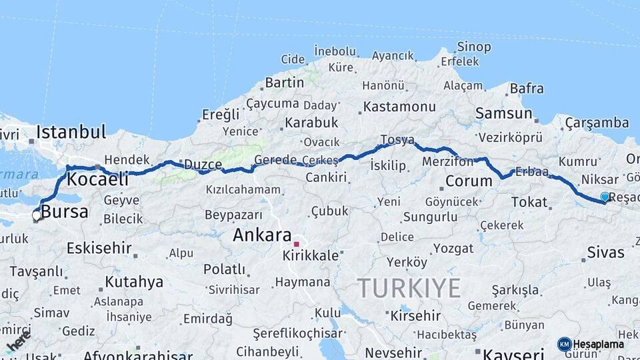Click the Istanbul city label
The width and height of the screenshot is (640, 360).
click(71, 131)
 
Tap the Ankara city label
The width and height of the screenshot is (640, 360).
click(262, 235)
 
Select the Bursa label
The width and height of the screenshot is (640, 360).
click(65, 212)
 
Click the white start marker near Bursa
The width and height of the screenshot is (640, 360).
click(36, 215)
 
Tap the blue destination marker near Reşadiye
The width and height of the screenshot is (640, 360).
click(605, 197)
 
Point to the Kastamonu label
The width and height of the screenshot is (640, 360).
click(399, 106)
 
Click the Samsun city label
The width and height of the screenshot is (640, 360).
click(503, 113)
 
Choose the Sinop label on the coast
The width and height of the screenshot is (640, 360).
click(473, 47)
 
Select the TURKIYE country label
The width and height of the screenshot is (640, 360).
click(409, 289)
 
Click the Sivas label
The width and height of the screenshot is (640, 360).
click(605, 252)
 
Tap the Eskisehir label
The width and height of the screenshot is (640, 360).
click(99, 248)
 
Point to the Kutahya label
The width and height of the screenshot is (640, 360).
click(134, 281)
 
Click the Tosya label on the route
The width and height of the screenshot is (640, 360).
click(397, 139)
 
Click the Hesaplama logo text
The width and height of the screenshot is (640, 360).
click(599, 344)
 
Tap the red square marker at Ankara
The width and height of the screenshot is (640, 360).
click(296, 244)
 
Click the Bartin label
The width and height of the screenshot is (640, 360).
click(284, 83)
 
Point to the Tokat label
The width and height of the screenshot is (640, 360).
click(529, 201)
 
